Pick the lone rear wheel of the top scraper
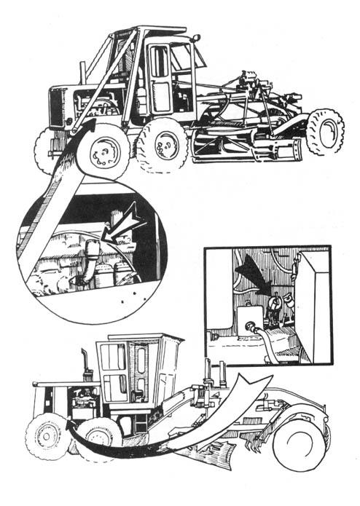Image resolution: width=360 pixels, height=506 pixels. [324, 131]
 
